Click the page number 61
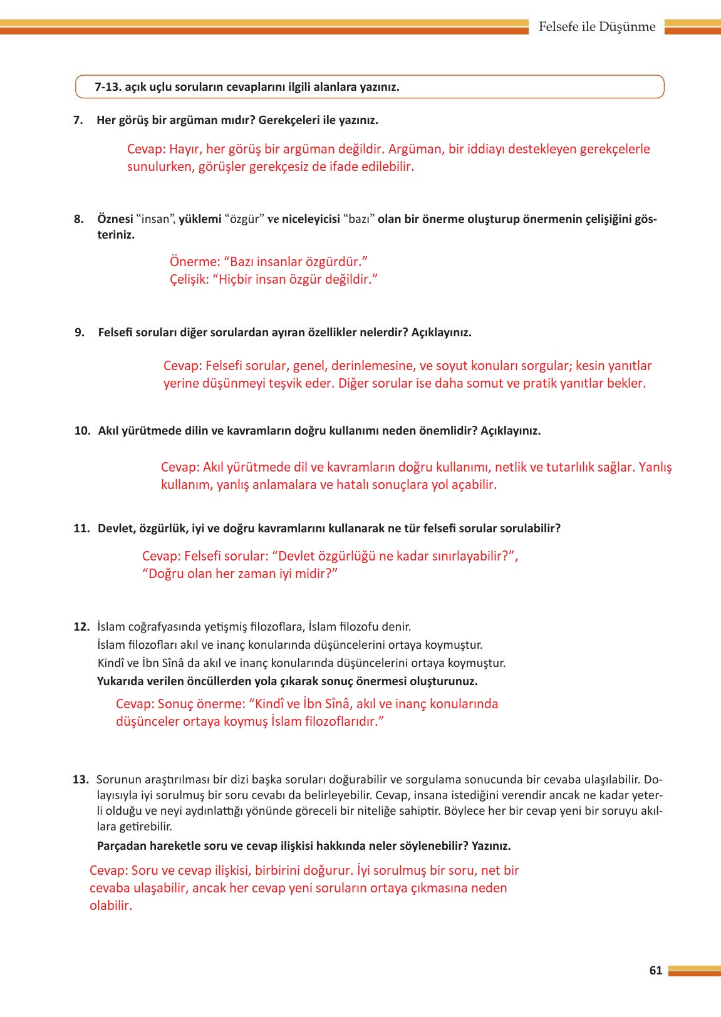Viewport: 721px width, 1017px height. click(655, 970)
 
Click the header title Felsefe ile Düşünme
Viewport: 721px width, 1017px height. click(596, 27)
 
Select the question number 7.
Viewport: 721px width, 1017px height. click(78, 120)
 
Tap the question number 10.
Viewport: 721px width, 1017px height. click(82, 431)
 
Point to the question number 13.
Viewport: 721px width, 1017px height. click(81, 780)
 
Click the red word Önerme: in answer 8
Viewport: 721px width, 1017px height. click(194, 262)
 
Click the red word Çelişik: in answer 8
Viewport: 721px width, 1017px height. click(189, 279)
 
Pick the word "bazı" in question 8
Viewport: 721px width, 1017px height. click(359, 219)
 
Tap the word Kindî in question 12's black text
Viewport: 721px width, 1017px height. click(110, 663)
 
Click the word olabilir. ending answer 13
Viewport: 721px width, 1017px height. click(111, 906)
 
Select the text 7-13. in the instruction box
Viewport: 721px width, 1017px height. click(108, 87)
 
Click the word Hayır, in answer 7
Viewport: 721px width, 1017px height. click(186, 149)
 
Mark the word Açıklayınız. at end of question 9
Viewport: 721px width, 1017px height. click(441, 333)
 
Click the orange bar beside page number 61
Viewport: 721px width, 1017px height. click(693, 971)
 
